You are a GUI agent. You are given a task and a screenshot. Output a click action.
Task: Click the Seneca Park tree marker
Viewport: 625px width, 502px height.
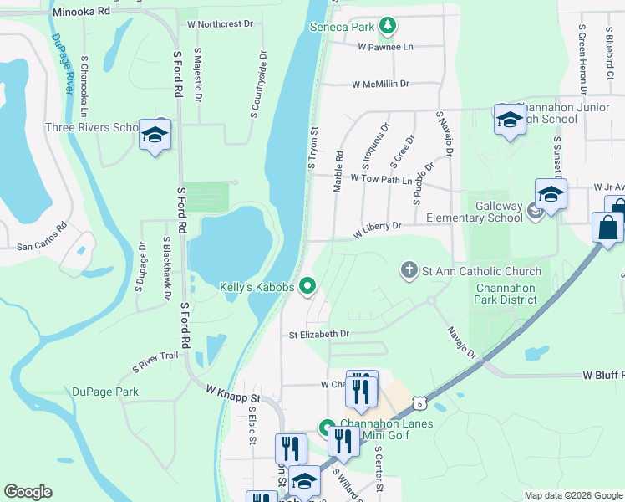point(387,27)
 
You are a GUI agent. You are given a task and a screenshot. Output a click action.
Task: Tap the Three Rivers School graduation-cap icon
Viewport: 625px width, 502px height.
point(155,135)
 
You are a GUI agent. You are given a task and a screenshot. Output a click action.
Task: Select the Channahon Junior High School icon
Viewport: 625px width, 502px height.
point(510,120)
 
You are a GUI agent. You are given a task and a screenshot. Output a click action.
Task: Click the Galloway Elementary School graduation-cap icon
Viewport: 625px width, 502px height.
point(551,195)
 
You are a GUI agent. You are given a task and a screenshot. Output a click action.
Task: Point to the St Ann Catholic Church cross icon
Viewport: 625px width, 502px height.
point(409,270)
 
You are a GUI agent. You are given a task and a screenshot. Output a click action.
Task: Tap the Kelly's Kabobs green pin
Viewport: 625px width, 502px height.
point(307,287)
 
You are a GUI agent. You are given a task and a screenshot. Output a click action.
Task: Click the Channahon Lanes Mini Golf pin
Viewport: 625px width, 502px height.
point(328,428)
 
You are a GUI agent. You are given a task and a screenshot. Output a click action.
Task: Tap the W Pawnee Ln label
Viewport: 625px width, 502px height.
point(385,48)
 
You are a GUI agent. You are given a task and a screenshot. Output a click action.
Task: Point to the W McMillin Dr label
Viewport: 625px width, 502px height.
point(380,85)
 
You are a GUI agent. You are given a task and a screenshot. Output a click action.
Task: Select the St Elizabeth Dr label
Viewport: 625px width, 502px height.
point(318,334)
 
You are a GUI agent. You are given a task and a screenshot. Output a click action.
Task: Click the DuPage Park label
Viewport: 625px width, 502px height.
point(104,392)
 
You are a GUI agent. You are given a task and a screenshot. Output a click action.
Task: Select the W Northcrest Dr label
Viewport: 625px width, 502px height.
point(220,24)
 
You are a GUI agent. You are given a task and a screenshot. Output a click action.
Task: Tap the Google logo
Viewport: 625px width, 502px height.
point(28,492)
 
